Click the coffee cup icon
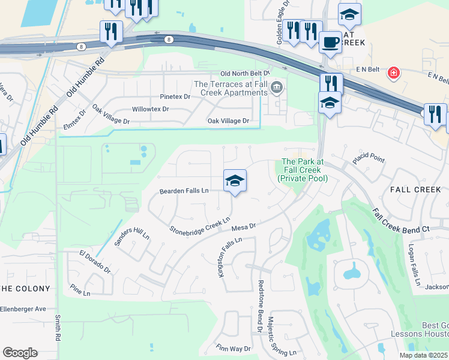click(330, 43)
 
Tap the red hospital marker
click(393, 73)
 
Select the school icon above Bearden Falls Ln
click(235, 180)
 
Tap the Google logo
click(20, 352)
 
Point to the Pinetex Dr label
click(175, 96)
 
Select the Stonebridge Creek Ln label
click(200, 226)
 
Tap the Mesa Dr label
click(244, 227)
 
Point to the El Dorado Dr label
click(95, 262)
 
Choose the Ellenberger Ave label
click(23, 308)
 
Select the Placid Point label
click(367, 158)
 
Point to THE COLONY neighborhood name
click(25, 289)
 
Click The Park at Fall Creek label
click(303, 170)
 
